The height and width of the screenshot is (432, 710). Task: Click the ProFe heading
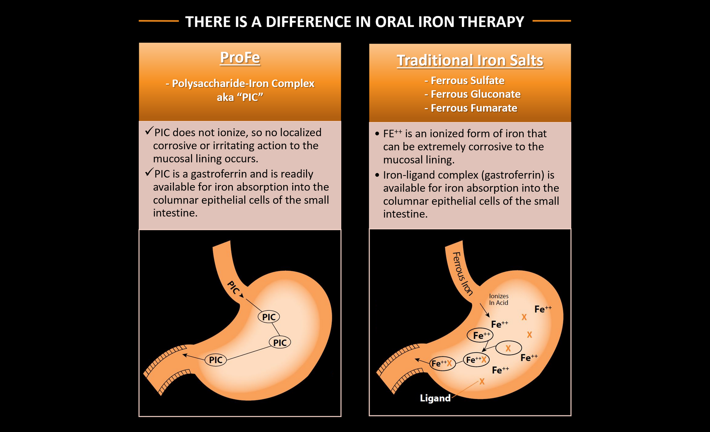240,58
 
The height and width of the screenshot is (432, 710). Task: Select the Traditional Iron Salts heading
470,60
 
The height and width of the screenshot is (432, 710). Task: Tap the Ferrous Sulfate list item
464,81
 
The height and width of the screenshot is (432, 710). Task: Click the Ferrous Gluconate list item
473,94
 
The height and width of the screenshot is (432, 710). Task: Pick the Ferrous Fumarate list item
471,108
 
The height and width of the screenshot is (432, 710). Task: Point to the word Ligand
435,398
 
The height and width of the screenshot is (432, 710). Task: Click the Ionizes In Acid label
498,299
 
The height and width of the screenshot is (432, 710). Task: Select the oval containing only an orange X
508,348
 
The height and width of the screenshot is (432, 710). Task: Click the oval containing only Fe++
480,335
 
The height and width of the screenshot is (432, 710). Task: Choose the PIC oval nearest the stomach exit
215,360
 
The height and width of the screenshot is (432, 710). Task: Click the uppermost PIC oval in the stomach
269,317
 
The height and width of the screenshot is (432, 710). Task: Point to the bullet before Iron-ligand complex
377,175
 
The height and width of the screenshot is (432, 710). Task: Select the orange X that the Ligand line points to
482,382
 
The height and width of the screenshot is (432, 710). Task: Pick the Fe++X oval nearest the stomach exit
442,363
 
